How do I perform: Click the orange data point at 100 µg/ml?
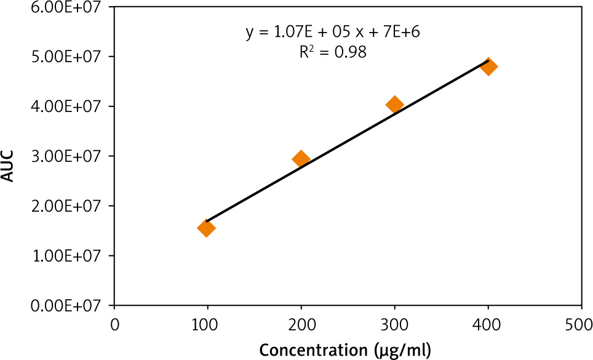tap(206, 228)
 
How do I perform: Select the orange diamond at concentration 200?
tap(301, 159)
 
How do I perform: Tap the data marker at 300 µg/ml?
tap(394, 104)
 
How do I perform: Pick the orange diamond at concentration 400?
tap(488, 66)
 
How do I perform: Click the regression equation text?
tap(333, 33)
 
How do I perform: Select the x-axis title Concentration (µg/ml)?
tap(344, 350)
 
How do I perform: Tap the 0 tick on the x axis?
tap(114, 324)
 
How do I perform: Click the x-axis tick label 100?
tap(207, 324)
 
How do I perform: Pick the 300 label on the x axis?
tap(394, 324)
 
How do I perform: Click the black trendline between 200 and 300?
tap(348, 140)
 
